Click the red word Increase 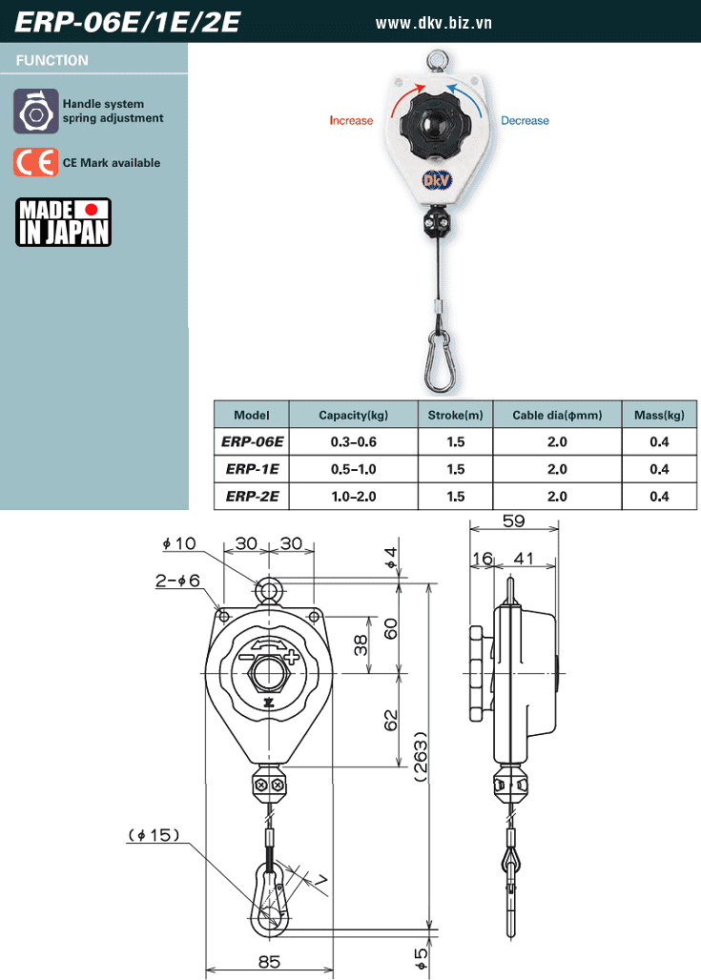(x=351, y=121)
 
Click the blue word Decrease (x=525, y=121)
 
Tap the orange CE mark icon (x=35, y=162)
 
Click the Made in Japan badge (x=63, y=222)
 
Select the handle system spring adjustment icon (x=35, y=111)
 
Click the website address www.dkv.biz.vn (x=433, y=23)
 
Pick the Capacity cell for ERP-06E (x=353, y=442)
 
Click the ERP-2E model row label (x=252, y=497)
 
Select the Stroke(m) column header (x=455, y=415)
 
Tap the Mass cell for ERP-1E (x=659, y=469)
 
